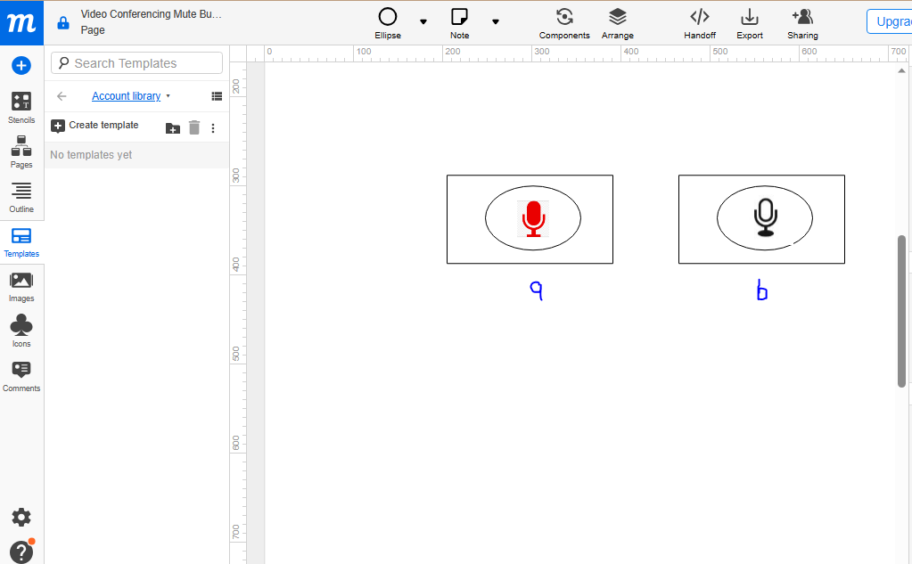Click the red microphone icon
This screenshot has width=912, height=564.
click(x=533, y=218)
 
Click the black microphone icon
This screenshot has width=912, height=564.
click(x=765, y=217)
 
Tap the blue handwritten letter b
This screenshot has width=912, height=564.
click(x=762, y=291)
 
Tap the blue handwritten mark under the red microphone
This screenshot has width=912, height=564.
click(x=536, y=290)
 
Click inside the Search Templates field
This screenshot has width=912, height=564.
click(x=137, y=63)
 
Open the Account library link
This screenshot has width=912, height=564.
click(x=127, y=96)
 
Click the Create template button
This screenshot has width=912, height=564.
click(x=95, y=126)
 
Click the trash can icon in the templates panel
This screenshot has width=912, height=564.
click(x=194, y=127)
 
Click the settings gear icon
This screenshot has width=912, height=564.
click(x=21, y=517)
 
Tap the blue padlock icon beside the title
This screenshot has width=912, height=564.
click(x=63, y=23)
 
